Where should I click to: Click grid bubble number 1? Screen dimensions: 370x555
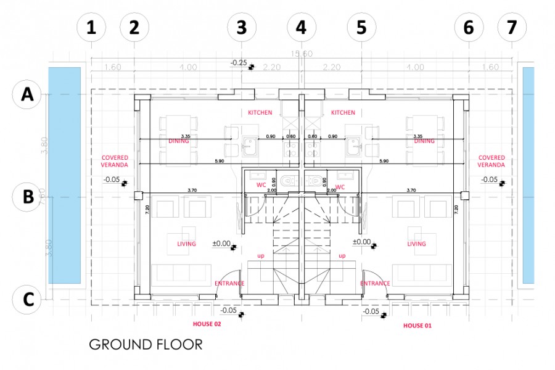(91, 28)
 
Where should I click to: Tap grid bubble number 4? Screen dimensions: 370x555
(301, 28)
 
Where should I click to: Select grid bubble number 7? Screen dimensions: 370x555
(512, 28)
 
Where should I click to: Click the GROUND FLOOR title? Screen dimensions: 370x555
(146, 344)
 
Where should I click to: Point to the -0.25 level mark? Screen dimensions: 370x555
(239, 63)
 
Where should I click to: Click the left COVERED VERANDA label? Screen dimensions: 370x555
(115, 162)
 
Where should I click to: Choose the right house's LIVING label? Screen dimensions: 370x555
(417, 244)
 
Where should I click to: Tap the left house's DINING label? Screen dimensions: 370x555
(178, 141)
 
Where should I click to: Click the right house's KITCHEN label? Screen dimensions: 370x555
(343, 113)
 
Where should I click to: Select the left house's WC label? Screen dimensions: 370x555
(260, 186)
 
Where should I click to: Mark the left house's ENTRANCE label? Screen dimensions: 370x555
(229, 284)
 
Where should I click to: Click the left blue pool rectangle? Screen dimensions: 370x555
(65, 176)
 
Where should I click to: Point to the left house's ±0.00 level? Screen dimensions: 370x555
(221, 244)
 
